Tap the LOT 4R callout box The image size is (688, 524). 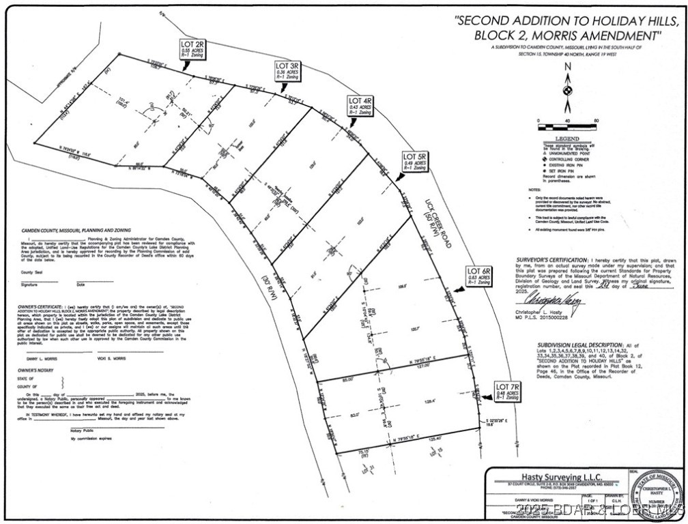pos(360,106)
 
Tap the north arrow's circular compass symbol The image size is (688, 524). pos(566,90)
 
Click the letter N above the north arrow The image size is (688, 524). pos(566,67)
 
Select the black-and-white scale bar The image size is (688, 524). pos(567,127)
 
